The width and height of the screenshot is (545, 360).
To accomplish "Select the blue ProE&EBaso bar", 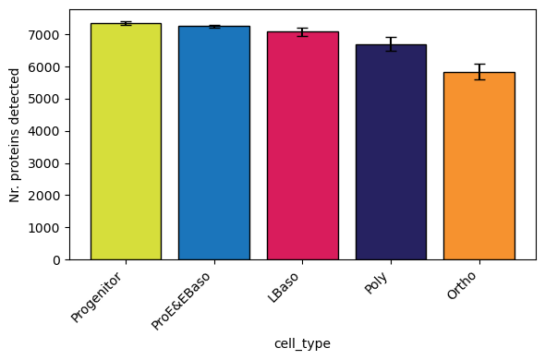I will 213,143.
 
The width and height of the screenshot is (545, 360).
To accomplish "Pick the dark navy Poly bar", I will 390,152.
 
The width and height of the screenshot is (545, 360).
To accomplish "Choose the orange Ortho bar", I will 478,166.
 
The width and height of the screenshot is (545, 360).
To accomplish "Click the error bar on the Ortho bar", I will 478,72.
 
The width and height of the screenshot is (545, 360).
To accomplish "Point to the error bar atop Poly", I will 390,44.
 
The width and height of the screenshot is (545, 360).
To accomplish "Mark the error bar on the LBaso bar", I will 302,32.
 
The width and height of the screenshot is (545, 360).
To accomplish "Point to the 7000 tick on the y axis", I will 48,35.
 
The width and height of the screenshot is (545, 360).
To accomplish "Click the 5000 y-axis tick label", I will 48,99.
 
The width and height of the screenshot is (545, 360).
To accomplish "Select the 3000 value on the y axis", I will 48,163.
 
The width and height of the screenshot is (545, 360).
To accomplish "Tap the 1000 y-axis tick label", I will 48,228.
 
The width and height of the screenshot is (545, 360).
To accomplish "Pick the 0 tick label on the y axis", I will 58,260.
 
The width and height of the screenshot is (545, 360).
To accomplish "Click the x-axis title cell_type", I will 302,343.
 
